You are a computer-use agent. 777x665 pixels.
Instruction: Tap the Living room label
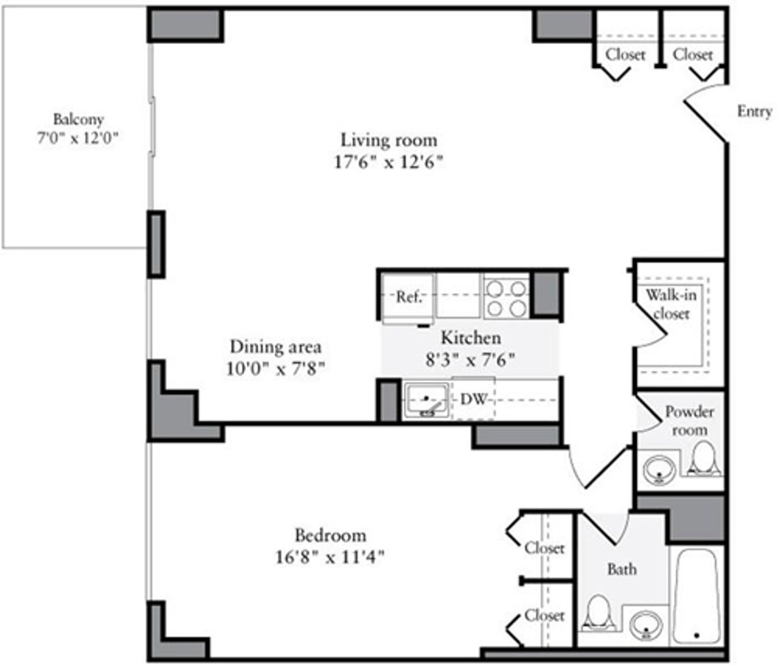click(389, 140)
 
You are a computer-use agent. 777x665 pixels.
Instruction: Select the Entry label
click(754, 111)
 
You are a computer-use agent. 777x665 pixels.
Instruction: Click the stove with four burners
click(506, 298)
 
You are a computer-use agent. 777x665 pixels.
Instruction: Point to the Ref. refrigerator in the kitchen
click(408, 298)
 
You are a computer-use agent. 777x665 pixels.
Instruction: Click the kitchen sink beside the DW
click(426, 401)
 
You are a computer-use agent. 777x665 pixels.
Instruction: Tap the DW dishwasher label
click(473, 400)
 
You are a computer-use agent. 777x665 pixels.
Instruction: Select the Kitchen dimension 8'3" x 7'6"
click(471, 357)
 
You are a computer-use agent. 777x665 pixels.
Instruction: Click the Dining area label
click(276, 346)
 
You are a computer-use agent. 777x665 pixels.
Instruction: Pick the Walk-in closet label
click(671, 304)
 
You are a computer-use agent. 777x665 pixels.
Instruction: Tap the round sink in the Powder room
click(660, 469)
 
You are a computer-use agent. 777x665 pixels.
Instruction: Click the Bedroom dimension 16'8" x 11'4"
click(330, 558)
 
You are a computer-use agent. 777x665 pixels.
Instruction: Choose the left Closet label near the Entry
click(625, 55)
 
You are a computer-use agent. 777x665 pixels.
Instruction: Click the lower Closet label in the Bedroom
click(545, 615)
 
